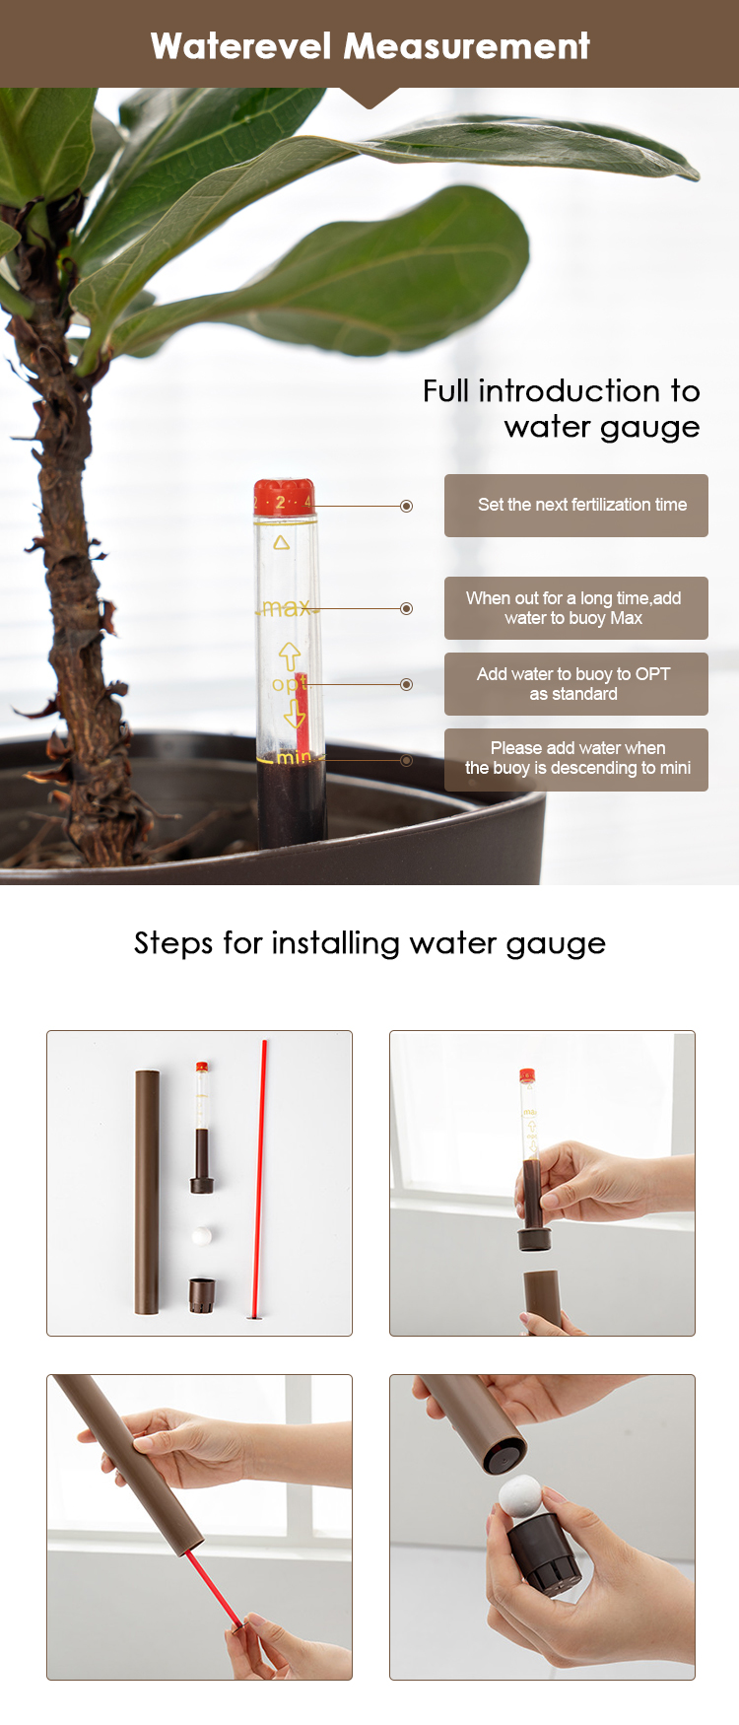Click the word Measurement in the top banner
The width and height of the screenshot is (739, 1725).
[467, 45]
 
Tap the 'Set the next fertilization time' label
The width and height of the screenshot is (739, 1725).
[582, 505]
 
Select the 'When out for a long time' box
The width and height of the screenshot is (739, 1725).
[576, 608]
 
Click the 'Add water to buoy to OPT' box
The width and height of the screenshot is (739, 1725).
[576, 684]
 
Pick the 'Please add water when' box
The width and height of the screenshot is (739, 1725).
[576, 760]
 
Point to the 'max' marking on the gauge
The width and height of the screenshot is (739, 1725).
[287, 608]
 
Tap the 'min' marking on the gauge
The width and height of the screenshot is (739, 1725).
[294, 757]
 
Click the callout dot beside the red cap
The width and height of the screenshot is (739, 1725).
[406, 506]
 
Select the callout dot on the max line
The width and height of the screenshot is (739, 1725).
[406, 608]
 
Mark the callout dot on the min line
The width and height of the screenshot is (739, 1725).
[406, 760]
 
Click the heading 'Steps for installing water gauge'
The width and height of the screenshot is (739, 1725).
[369, 943]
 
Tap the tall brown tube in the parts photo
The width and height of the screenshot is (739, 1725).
[147, 1192]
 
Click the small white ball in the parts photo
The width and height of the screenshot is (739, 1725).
[202, 1234]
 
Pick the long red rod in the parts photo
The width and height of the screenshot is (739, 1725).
[261, 1178]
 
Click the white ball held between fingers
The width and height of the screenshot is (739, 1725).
[521, 1494]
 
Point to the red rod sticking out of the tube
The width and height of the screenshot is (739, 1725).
[214, 1589]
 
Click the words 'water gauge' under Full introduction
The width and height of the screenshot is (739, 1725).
[602, 427]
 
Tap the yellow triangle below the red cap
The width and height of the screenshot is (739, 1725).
[282, 542]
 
